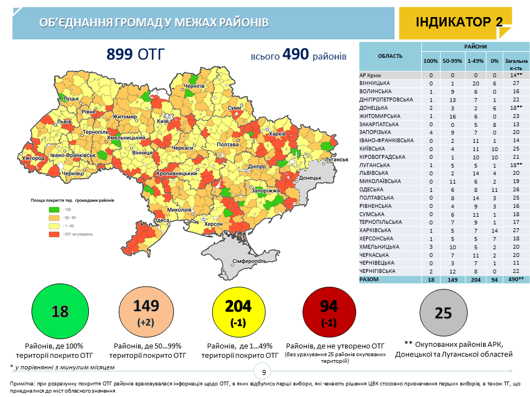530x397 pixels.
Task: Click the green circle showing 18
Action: point(60,312)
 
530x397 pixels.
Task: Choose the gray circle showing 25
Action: point(443,313)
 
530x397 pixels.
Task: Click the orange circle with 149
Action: point(147,312)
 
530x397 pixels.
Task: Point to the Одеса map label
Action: point(161,221)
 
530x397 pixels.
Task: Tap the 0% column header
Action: point(495,61)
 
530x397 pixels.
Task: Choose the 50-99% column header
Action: point(452,61)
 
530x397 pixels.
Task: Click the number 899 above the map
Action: point(120,54)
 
